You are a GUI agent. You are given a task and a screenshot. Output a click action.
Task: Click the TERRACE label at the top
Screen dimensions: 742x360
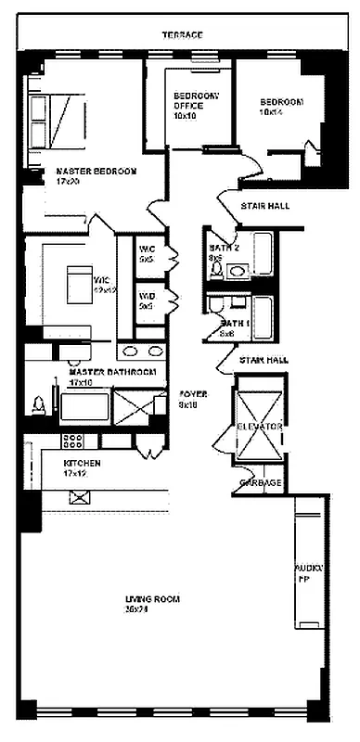pyautogui.click(x=182, y=34)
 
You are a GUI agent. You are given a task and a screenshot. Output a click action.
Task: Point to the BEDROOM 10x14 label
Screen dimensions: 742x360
pyautogui.click(x=281, y=107)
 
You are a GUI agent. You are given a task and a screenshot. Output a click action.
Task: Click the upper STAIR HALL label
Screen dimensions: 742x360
pyautogui.click(x=264, y=206)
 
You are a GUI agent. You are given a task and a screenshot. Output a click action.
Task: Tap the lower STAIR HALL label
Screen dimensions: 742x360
pyautogui.click(x=264, y=359)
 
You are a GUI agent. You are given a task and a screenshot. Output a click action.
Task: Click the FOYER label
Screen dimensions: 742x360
pyautogui.click(x=192, y=399)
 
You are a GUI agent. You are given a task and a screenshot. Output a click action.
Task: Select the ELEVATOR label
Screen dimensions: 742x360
pyautogui.click(x=260, y=425)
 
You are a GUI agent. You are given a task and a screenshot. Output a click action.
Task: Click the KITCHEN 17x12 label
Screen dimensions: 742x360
pyautogui.click(x=83, y=468)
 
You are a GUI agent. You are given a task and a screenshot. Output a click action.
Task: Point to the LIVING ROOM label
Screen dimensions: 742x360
pyautogui.click(x=153, y=604)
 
